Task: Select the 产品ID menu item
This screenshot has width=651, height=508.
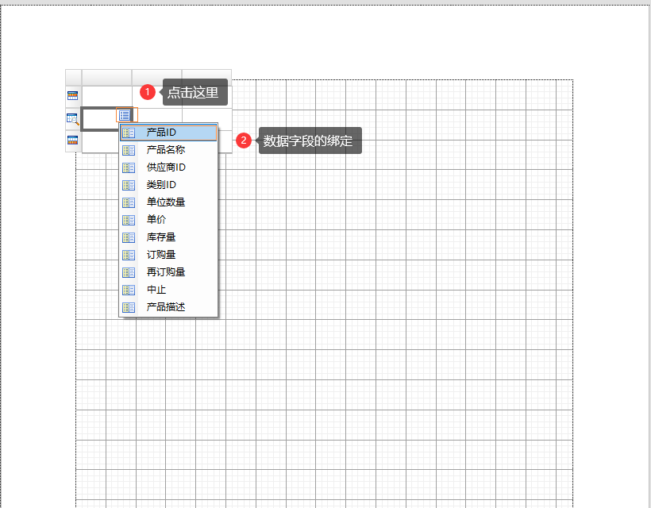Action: pos(168,133)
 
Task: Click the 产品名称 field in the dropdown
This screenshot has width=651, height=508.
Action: pos(168,150)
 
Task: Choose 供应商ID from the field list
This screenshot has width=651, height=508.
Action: pos(168,167)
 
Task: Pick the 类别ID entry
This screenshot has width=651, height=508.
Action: pos(168,185)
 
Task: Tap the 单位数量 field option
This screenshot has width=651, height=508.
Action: pos(168,202)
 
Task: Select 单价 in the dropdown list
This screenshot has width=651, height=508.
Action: pos(168,220)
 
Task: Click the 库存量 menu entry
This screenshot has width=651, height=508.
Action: pos(168,237)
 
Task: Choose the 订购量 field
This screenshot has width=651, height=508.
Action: pos(168,255)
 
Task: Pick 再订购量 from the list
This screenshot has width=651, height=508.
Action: pos(168,272)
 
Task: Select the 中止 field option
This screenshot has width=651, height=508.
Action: pos(168,290)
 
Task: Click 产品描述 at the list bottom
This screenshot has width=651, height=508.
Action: pos(168,307)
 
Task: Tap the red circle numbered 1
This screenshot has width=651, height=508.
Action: pos(148,92)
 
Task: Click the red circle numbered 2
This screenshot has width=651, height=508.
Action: pos(244,140)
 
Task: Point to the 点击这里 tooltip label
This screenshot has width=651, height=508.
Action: pos(195,92)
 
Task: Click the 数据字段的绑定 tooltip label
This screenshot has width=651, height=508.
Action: pos(310,140)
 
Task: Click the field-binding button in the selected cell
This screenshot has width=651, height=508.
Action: pos(125,115)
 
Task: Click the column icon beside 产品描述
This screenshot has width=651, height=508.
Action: pos(129,307)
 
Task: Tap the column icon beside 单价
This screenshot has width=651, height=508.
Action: pos(129,221)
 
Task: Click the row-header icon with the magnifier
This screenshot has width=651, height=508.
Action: pos(73,119)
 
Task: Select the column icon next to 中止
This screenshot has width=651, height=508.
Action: pos(129,290)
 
